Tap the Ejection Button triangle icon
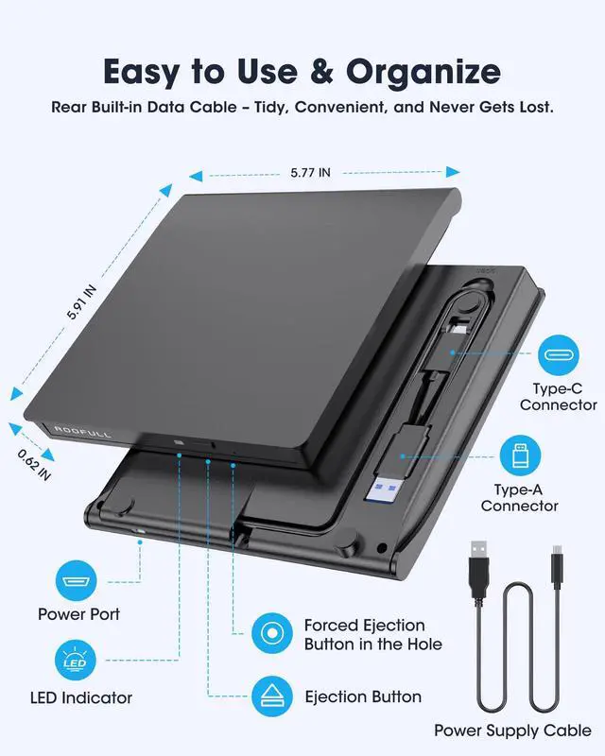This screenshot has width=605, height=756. (273, 697)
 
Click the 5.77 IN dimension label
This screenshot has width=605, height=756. (311, 172)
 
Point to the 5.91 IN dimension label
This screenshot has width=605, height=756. (83, 303)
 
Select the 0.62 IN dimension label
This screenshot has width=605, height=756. (34, 464)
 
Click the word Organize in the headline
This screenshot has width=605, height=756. (423, 72)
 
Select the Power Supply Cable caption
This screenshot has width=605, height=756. (512, 730)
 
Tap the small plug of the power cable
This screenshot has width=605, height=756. (556, 568)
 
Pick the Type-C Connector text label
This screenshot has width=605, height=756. (558, 396)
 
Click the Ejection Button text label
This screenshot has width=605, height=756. (363, 697)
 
